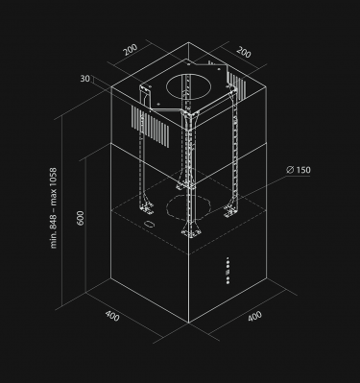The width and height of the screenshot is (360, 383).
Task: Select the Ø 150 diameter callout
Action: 299,171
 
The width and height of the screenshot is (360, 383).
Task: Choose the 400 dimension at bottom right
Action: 254,317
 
